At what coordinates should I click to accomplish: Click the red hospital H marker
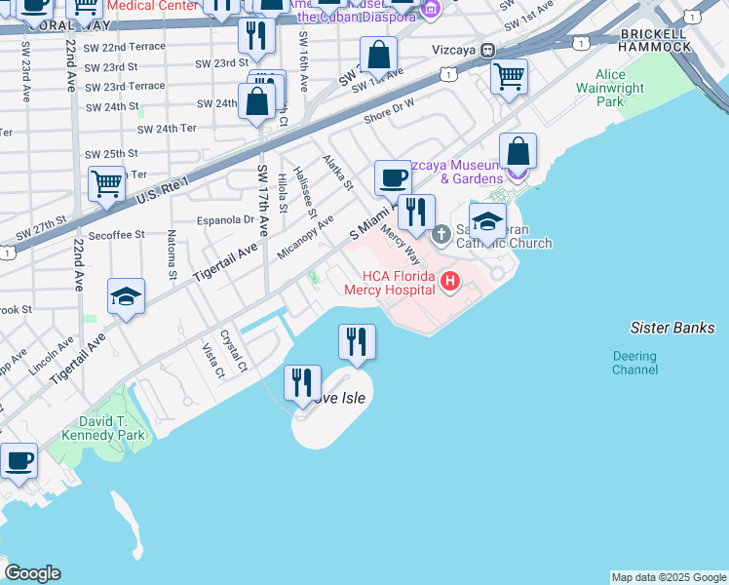(x=449, y=283)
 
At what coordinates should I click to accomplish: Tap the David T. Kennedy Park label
(x=103, y=428)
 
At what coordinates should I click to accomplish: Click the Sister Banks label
(x=672, y=328)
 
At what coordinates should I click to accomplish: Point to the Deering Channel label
(x=634, y=363)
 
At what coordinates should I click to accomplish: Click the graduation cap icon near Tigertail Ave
(x=126, y=297)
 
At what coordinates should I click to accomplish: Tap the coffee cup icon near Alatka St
(x=393, y=178)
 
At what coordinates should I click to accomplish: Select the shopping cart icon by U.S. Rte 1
(x=106, y=182)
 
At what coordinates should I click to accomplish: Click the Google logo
(x=32, y=573)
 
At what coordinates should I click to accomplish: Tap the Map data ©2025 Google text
(x=668, y=577)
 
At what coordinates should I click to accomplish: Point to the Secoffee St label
(x=116, y=235)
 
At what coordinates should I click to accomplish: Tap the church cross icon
(x=441, y=233)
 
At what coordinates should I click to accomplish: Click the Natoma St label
(x=172, y=253)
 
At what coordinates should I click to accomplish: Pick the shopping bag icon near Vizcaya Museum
(x=518, y=152)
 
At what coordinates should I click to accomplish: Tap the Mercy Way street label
(x=399, y=247)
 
